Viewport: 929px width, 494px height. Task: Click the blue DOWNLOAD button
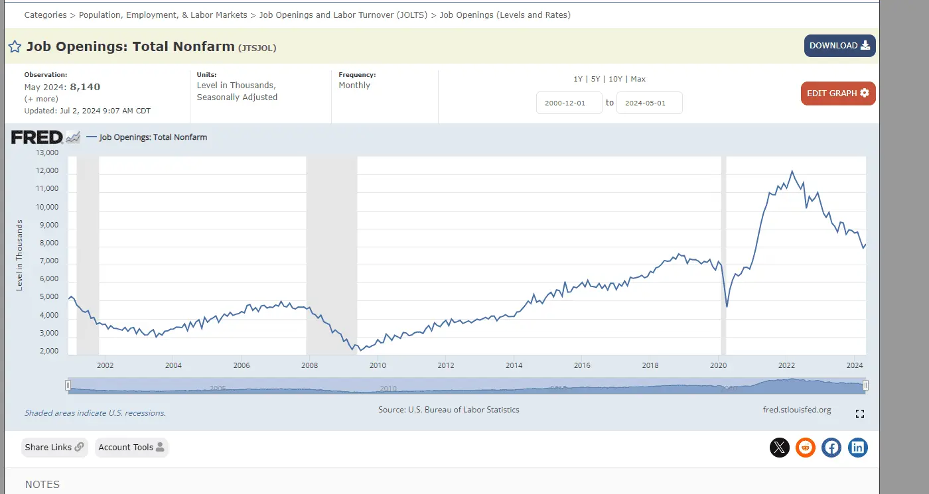point(839,46)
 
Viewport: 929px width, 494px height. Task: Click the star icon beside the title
point(15,46)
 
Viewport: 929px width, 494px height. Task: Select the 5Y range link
point(595,79)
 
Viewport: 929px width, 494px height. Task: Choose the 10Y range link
point(615,79)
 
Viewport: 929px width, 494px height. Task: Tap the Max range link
point(638,79)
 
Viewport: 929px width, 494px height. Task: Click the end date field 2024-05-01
point(649,103)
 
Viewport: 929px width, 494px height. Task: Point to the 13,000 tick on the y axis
point(46,153)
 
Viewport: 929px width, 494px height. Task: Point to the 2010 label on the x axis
point(378,365)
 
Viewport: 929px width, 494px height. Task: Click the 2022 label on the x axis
point(786,365)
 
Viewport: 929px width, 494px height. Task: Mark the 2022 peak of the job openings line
point(792,171)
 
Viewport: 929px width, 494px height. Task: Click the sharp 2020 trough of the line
point(727,306)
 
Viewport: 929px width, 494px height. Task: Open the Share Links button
point(54,448)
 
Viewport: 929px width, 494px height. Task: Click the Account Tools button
point(131,448)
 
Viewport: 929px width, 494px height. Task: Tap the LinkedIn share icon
point(857,448)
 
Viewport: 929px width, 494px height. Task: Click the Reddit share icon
point(806,448)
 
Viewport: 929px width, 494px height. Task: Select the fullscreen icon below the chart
point(860,414)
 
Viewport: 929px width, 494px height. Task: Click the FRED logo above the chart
point(37,137)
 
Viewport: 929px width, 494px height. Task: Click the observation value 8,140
point(85,87)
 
